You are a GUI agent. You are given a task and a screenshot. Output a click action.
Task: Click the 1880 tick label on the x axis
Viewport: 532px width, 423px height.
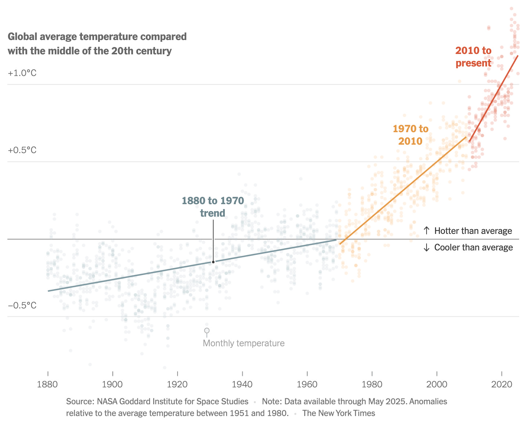(47, 384)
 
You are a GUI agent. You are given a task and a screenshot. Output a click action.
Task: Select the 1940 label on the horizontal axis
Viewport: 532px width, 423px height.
(242, 384)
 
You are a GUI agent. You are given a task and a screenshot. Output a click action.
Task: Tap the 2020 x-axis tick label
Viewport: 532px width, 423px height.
(502, 384)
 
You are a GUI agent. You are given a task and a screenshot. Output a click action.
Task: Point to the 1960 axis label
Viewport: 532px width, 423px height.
(307, 384)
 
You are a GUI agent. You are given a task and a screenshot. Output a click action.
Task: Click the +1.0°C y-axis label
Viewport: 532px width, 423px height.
(22, 73)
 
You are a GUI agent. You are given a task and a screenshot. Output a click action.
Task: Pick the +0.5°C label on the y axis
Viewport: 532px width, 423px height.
(22, 150)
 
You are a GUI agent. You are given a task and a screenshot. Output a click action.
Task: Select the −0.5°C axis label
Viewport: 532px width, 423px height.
(22, 305)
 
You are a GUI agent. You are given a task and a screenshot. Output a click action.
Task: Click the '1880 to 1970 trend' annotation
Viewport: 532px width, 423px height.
(213, 207)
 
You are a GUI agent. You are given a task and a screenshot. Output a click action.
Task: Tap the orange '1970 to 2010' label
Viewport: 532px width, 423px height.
(410, 135)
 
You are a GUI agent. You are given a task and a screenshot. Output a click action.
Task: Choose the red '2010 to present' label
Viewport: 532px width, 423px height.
(473, 57)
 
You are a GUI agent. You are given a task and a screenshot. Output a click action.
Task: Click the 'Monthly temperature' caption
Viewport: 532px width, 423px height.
(244, 343)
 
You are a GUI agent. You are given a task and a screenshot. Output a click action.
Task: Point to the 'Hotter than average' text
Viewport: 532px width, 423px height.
(473, 231)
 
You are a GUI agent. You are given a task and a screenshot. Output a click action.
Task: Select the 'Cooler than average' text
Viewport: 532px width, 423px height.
(473, 247)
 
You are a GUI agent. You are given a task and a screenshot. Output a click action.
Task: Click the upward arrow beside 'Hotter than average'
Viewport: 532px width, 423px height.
(427, 231)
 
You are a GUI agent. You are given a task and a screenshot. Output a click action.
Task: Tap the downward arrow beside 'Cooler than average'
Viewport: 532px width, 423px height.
(427, 247)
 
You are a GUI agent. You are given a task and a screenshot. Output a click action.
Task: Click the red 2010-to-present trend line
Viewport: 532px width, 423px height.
(494, 98)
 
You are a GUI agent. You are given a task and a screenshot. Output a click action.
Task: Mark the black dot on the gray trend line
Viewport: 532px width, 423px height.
(213, 262)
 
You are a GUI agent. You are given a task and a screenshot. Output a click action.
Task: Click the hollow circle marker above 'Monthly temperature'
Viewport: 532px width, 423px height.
(207, 331)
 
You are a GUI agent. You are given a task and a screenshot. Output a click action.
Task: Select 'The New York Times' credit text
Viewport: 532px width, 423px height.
(338, 413)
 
